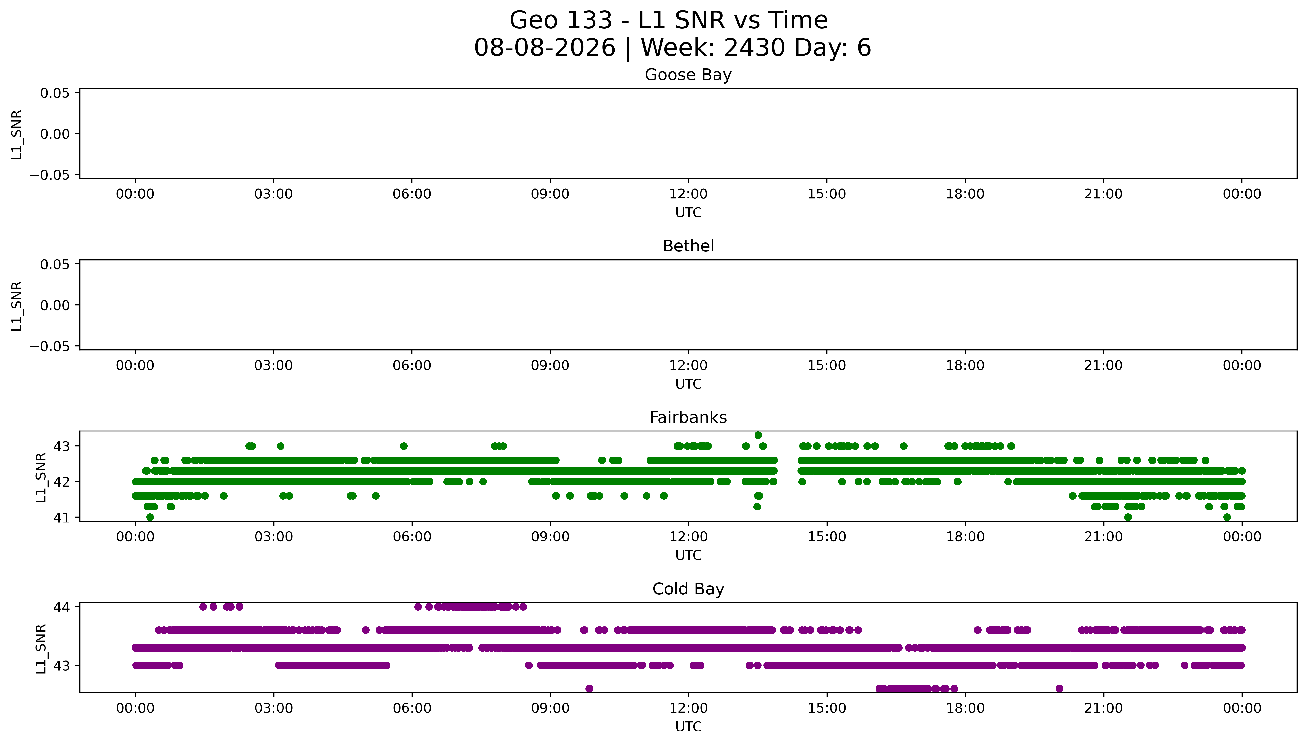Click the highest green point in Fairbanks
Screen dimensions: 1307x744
[x=758, y=435]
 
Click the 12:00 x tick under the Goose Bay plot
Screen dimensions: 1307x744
[x=688, y=194]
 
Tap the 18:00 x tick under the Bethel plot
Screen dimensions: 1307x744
[x=965, y=365]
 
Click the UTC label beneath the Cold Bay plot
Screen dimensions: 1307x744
[x=688, y=727]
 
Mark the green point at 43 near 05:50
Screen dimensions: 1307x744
[x=404, y=446]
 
